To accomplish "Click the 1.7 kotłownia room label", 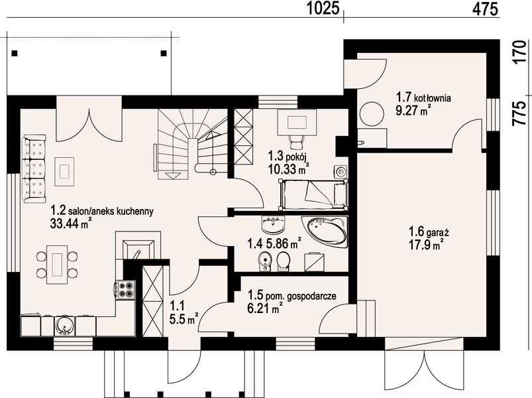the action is tap(423, 98).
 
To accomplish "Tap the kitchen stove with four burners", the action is tap(125, 290).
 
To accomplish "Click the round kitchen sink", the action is tap(63, 325).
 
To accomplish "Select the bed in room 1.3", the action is tap(313, 194).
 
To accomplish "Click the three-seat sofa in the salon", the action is tap(34, 168).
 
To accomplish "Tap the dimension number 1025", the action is tap(323, 9).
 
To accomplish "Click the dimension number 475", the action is tap(485, 9).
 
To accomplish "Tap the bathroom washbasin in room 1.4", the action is tap(273, 225).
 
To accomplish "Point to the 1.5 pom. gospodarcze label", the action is tap(292, 295).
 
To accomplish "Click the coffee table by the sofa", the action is tap(64, 171).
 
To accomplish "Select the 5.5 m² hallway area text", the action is tap(184, 319).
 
